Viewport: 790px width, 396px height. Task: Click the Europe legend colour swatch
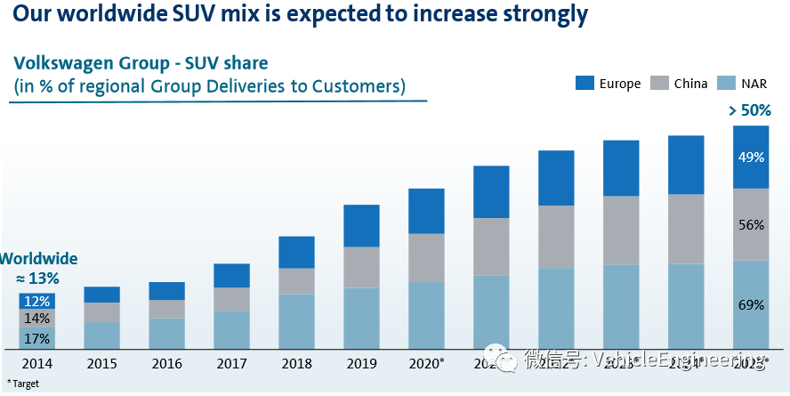(x=584, y=84)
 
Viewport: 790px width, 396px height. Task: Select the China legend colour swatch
(x=659, y=84)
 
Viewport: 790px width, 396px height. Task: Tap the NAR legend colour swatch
(x=728, y=84)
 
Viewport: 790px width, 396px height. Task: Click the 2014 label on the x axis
(x=36, y=364)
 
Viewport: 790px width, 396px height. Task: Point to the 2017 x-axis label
(x=231, y=364)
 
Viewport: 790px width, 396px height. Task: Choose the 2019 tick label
(x=361, y=364)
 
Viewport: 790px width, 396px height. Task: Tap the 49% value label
(x=751, y=158)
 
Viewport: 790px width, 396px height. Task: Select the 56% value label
(x=751, y=225)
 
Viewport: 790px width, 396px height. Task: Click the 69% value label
(x=751, y=305)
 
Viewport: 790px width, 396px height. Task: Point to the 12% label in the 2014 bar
(x=36, y=302)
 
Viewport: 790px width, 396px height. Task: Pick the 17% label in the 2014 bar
(x=36, y=338)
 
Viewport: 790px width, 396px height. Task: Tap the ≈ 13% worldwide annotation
(x=38, y=279)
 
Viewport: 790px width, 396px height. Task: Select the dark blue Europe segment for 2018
(x=296, y=252)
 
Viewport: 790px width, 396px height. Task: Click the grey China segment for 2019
(x=361, y=267)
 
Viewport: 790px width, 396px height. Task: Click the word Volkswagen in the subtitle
(x=61, y=64)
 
